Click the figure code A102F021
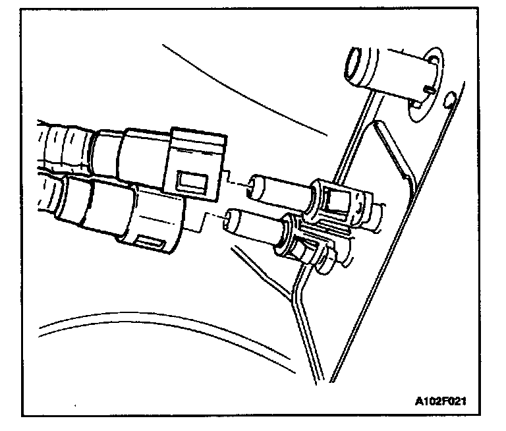(x=445, y=400)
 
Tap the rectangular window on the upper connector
(x=193, y=179)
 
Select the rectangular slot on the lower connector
(x=153, y=244)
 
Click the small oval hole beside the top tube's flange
(x=449, y=100)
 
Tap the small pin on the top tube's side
(x=430, y=86)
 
